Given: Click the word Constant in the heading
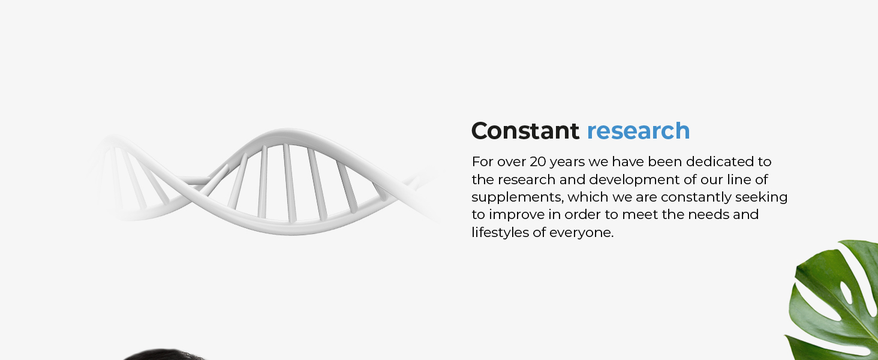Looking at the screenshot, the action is pos(525,131).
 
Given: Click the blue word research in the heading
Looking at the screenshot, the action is pos(639,131).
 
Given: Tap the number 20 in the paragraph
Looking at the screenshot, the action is pos(538,161).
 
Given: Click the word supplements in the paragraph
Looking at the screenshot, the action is pos(518,197).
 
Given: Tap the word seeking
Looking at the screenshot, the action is pos(761,197).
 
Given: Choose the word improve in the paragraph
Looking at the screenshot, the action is pos(520,215).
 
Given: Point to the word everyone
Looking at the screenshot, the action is pos(581,233).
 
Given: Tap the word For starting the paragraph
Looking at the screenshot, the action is pos(483,161).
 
